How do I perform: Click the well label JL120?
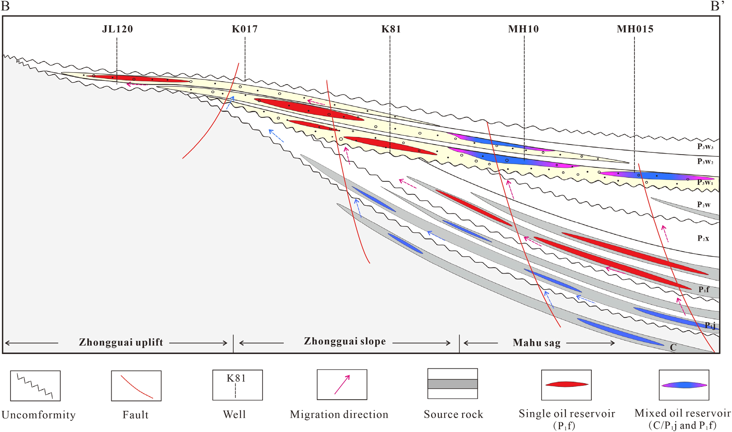coord(117,29)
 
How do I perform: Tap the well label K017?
coord(245,29)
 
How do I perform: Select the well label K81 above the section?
coord(391,29)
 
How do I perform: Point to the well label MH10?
coord(523,29)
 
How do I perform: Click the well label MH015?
coord(635,29)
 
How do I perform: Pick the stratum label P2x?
coord(703,238)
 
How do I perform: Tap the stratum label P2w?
coord(704,205)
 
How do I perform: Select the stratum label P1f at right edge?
coord(704,289)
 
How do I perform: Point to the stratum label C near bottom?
coord(673,347)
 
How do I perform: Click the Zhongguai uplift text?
coord(121,342)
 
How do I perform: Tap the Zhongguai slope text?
coord(345,341)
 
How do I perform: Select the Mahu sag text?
coord(536,343)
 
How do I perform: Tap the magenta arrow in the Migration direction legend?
coord(342,385)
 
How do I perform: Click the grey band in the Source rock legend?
coord(452,384)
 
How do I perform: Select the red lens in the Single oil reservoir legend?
coord(566,384)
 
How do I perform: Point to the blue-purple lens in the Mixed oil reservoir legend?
coord(684,385)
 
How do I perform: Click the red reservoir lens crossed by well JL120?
coord(137,79)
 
